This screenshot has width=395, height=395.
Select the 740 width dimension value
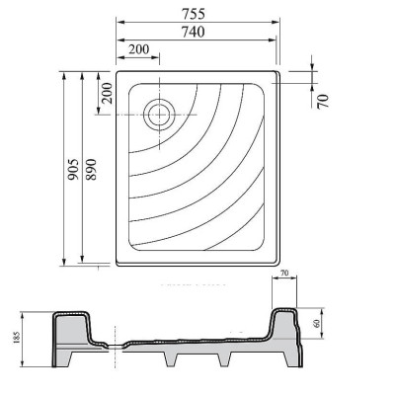tap(195, 32)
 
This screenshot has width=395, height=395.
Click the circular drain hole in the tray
tap(157, 114)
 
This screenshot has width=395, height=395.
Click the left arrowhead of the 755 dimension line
tap(118, 22)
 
